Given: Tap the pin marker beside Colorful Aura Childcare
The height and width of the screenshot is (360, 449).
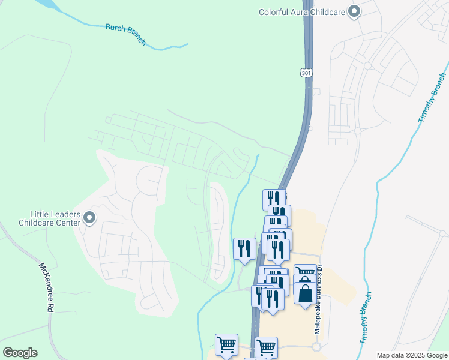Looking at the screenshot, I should (354, 11).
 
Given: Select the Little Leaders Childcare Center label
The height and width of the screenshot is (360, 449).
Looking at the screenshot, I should (55, 218).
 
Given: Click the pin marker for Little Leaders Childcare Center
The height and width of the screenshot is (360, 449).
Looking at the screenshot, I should (89, 218).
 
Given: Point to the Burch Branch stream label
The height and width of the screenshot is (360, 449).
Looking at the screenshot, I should (125, 34).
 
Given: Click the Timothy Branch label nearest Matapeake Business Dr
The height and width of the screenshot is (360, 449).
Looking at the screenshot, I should (367, 318).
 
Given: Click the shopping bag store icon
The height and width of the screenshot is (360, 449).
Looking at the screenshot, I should (305, 294).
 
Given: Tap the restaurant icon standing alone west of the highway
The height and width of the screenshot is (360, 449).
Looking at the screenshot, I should (244, 248).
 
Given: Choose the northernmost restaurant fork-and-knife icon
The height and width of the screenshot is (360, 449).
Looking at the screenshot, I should (274, 199).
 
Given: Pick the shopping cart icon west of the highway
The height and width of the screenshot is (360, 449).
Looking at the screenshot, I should (226, 345).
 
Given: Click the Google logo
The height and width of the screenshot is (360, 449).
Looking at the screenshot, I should (20, 353).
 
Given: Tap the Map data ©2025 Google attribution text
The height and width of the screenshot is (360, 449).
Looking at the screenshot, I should (412, 355).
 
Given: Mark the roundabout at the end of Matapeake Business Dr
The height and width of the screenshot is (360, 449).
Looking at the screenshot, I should (316, 347).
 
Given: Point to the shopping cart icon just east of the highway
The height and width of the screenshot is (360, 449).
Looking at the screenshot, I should (266, 347).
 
